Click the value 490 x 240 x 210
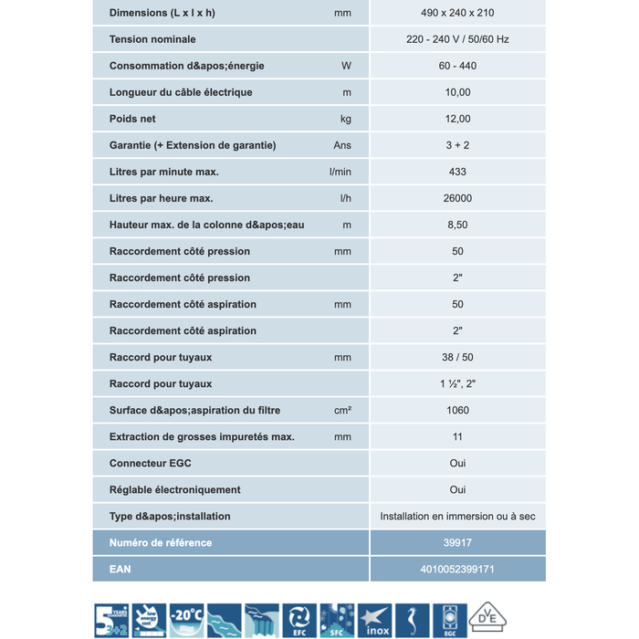pyautogui.click(x=457, y=13)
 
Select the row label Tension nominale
pyautogui.click(x=152, y=39)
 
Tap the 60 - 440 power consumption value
pyautogui.click(x=457, y=66)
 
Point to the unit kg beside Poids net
pyautogui.click(x=345, y=119)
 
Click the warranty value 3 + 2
pyautogui.click(x=457, y=145)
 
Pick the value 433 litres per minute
pyautogui.click(x=457, y=172)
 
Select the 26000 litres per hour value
pyautogui.click(x=457, y=198)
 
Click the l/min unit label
pyautogui.click(x=340, y=172)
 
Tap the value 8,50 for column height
pyautogui.click(x=457, y=225)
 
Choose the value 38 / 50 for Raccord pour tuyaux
pyautogui.click(x=457, y=357)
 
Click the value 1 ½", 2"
pyautogui.click(x=457, y=383)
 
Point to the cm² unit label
pyautogui.click(x=342, y=410)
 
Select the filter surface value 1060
pyautogui.click(x=457, y=410)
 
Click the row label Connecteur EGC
pyautogui.click(x=151, y=463)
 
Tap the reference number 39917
pyautogui.click(x=457, y=542)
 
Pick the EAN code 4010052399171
pyautogui.click(x=457, y=569)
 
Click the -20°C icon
pyautogui.click(x=186, y=620)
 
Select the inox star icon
pyautogui.click(x=374, y=620)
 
